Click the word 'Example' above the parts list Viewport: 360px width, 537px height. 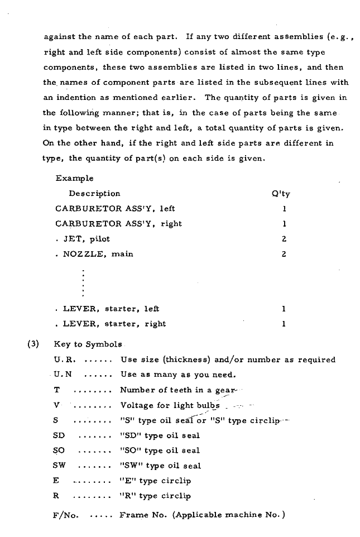(74, 179)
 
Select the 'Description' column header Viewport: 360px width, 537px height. (94, 194)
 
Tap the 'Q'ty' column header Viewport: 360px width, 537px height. (281, 194)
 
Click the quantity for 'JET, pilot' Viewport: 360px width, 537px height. (284, 239)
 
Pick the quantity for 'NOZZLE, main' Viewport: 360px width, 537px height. (284, 254)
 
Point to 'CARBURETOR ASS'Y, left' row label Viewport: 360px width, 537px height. (115, 209)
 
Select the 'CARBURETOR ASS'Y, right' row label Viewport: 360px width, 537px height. (118, 224)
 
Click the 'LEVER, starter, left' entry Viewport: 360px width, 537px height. (111, 309)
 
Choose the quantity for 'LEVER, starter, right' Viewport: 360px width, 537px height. (284, 324)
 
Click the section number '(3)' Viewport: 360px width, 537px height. (33, 344)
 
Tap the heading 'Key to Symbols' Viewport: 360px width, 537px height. (88, 344)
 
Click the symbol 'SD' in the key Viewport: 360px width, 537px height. (59, 435)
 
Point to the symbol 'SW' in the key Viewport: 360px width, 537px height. (59, 466)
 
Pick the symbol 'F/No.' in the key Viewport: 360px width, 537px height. (65, 515)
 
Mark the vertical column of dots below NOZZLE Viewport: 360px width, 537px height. (83, 282)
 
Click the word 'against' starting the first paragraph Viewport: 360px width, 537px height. (60, 37)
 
